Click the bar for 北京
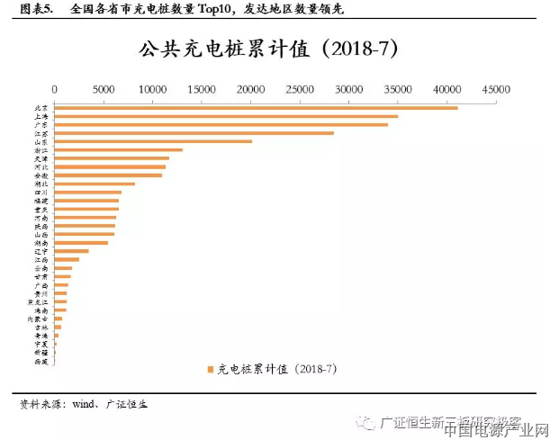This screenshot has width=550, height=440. pos(256,108)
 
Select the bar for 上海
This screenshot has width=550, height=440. pos(226,116)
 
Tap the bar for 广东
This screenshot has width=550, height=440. pos(221,124)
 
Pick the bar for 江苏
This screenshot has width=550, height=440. pos(194,133)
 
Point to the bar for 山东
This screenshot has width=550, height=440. pos(153,141)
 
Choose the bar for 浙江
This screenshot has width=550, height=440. pos(118,149)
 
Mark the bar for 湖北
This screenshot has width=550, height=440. pos(95,184)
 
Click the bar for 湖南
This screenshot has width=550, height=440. pos(81,243)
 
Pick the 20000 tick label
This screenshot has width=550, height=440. pos(250,90)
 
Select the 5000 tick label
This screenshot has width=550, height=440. pos(104,90)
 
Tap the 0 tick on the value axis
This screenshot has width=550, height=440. pos(55,90)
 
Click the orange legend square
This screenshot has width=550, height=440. pos(210,369)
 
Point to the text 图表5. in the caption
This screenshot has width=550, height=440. pos(33,10)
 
